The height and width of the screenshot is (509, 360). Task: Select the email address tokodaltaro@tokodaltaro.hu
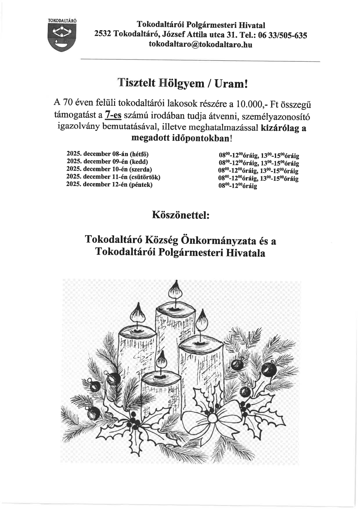pos(200,44)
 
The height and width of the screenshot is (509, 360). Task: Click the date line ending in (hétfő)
pos(107,154)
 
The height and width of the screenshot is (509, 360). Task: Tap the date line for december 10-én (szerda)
pos(109,169)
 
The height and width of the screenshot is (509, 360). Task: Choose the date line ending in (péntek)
pos(109,184)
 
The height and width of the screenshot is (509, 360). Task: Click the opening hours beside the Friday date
pos(238,186)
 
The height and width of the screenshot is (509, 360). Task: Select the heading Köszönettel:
pos(180,215)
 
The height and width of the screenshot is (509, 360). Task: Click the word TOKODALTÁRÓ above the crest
pos(62,21)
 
